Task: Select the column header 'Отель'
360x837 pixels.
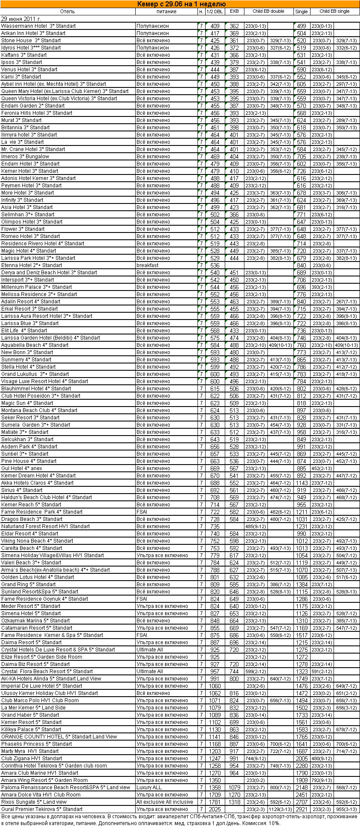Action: (67, 12)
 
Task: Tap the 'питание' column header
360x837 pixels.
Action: (166, 12)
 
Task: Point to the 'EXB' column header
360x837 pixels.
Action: (234, 12)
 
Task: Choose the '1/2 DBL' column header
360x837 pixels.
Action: (215, 12)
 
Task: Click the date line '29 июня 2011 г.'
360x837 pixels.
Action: (21, 19)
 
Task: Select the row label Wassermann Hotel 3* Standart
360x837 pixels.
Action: (38, 26)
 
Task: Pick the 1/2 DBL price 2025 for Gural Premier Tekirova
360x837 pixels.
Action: (215, 809)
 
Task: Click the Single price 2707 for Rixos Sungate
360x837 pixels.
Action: (302, 802)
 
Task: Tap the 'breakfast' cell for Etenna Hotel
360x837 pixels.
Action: (148, 265)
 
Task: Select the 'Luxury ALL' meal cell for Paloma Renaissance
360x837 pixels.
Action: (149, 788)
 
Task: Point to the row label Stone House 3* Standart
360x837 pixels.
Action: (31, 41)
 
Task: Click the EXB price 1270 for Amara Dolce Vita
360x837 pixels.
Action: (234, 795)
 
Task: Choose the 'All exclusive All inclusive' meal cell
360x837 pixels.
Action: (165, 802)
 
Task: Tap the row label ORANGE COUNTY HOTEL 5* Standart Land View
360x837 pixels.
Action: (59, 737)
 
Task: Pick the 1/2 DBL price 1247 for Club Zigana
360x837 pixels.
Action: (215, 759)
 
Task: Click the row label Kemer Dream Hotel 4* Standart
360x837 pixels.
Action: (38, 476)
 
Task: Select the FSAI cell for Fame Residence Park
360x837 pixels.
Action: (142, 512)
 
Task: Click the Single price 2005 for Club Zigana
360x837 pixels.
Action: (302, 759)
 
